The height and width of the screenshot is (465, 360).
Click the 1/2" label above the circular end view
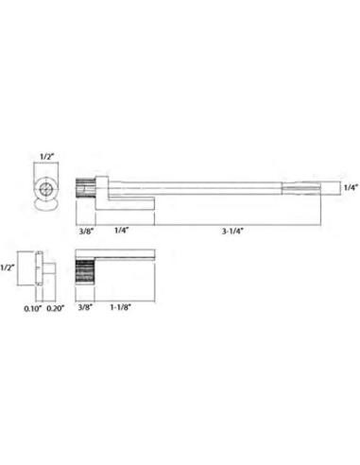pyautogui.click(x=46, y=157)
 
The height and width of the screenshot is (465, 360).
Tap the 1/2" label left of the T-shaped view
pyautogui.click(x=7, y=267)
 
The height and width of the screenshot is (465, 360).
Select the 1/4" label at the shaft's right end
pyautogui.click(x=351, y=188)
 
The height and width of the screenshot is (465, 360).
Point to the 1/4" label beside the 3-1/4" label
pyautogui.click(x=122, y=230)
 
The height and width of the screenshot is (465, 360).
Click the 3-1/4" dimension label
pyautogui.click(x=232, y=231)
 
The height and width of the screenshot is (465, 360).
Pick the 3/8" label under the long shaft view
pyautogui.click(x=86, y=231)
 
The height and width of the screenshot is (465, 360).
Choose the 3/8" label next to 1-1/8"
pyautogui.click(x=85, y=307)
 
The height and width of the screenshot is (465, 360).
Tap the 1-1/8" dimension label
pyautogui.click(x=120, y=307)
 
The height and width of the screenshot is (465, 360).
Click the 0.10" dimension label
pyautogui.click(x=33, y=308)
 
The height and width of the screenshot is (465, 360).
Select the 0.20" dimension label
pyautogui.click(x=56, y=308)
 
